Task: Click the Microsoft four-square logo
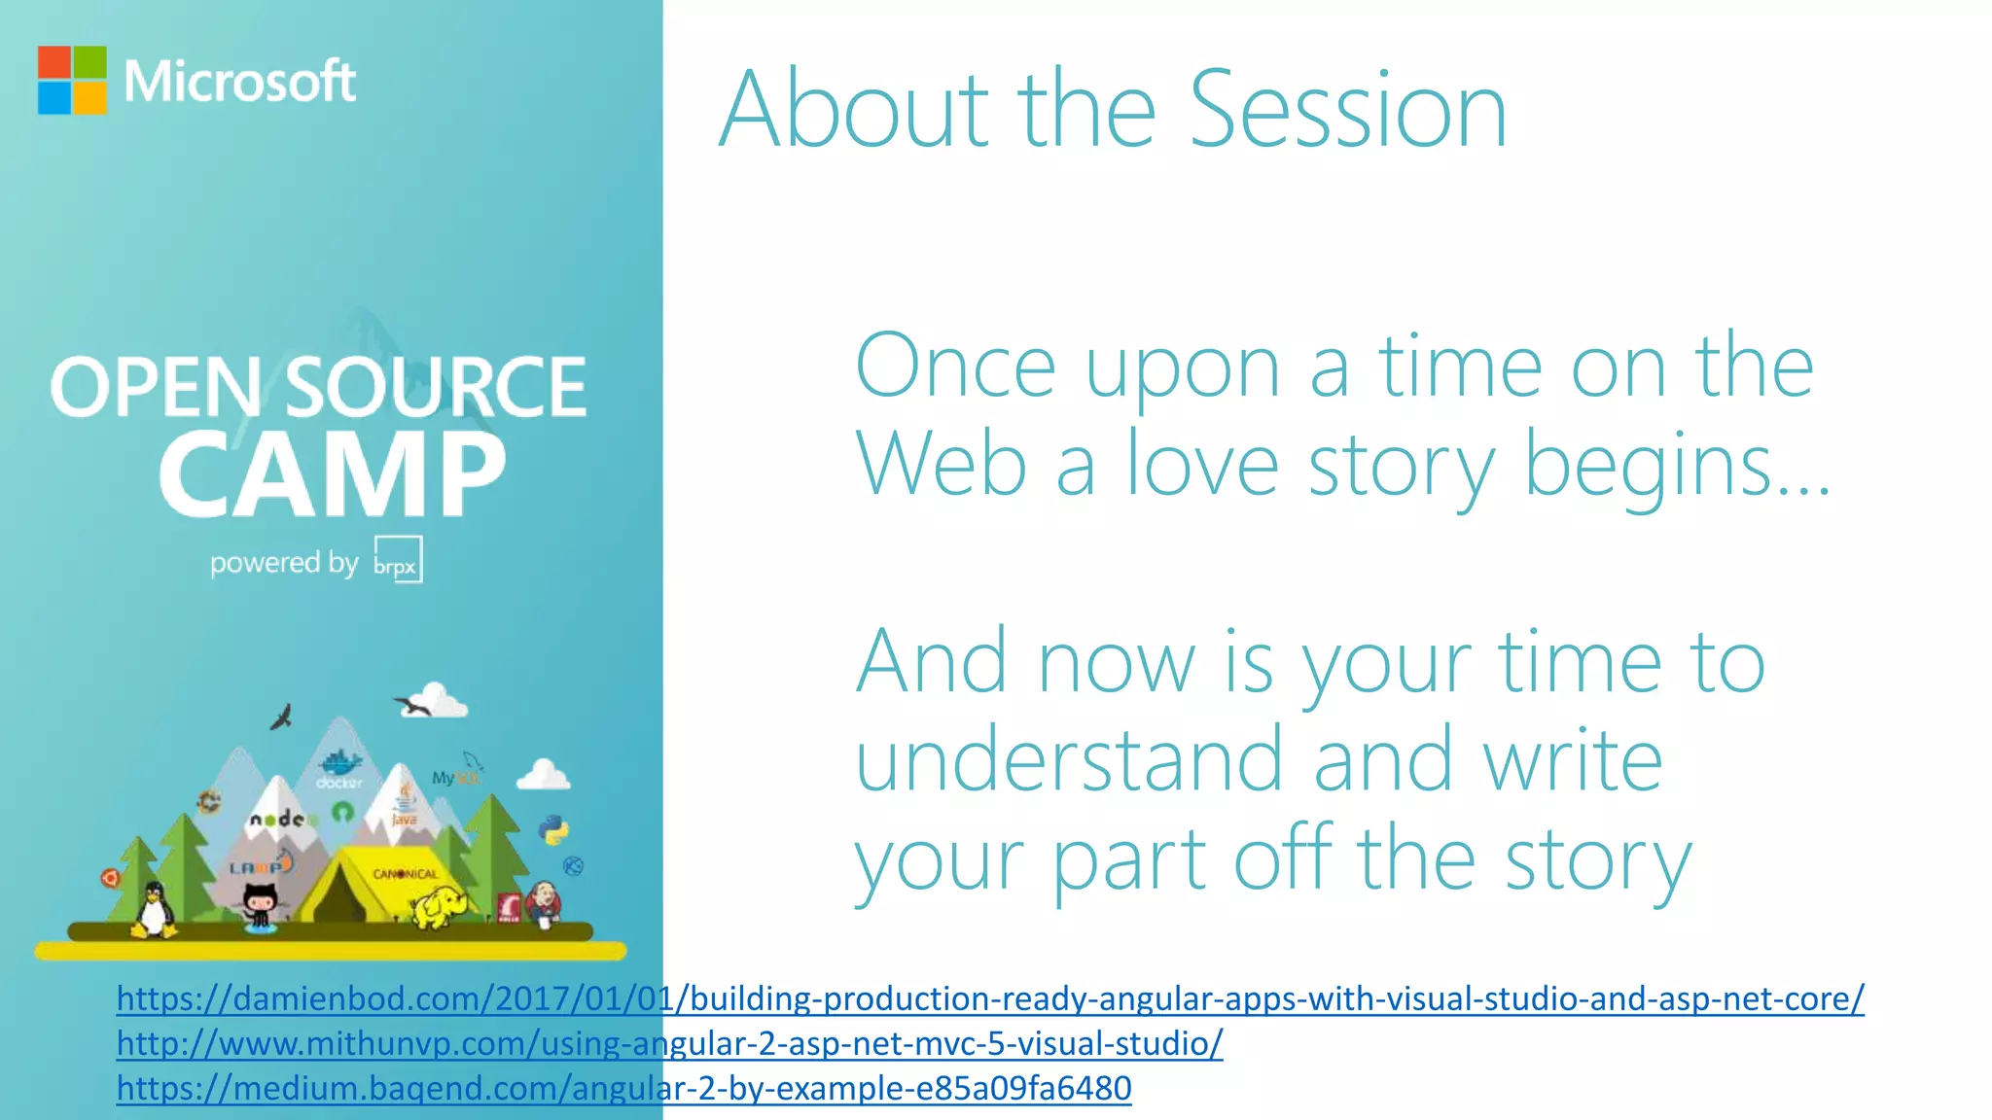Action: coord(72,80)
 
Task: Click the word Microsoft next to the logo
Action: coord(239,82)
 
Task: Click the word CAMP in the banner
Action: coord(332,474)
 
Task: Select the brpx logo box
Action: coord(398,559)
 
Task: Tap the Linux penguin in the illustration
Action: coord(154,910)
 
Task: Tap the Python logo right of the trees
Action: coord(553,829)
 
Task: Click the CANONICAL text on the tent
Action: coord(406,873)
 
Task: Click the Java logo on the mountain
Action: coord(404,805)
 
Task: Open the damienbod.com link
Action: coord(989,998)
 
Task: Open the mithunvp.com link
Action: coord(669,1043)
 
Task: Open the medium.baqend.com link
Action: coord(623,1088)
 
